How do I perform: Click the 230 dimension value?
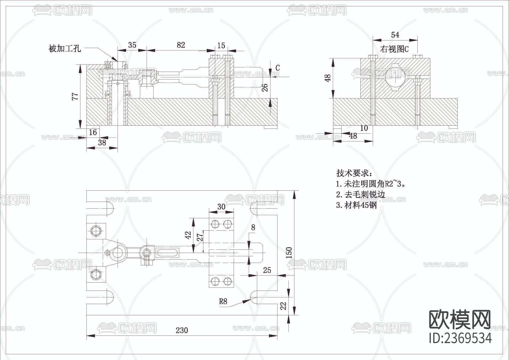click(x=182, y=330)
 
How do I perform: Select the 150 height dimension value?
click(x=289, y=253)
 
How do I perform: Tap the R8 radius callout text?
click(x=223, y=301)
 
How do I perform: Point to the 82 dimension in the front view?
click(x=181, y=45)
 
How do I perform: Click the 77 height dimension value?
click(x=75, y=96)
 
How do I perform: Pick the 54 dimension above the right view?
click(x=395, y=35)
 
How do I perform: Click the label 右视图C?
click(x=394, y=49)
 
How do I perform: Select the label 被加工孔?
click(x=65, y=48)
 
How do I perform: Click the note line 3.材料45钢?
click(x=357, y=205)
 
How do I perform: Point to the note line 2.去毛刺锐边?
click(x=361, y=194)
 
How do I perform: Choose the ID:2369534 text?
click(x=460, y=338)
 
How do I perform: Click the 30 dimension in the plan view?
click(x=221, y=206)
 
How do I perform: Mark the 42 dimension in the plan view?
click(x=188, y=235)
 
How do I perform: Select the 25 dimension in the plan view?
click(x=267, y=270)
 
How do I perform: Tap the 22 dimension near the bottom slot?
click(x=283, y=306)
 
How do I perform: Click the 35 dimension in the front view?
click(x=132, y=45)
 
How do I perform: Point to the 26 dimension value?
click(x=265, y=88)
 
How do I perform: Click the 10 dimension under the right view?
click(x=364, y=128)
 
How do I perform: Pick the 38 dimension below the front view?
click(x=102, y=142)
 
